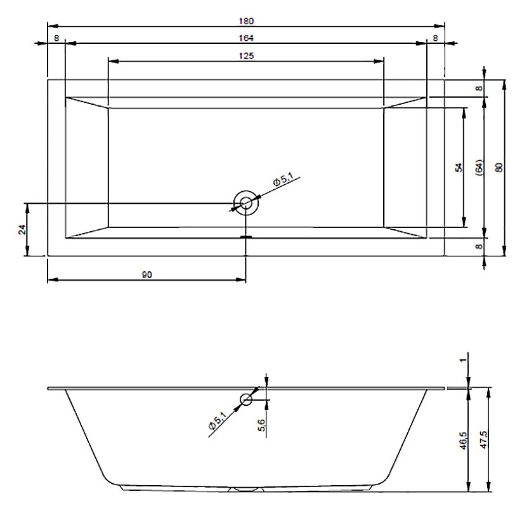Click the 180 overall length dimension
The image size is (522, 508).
click(x=246, y=21)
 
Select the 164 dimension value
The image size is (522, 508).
click(x=246, y=38)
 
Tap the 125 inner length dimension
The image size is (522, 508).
click(x=246, y=56)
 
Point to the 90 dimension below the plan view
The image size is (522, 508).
click(x=147, y=275)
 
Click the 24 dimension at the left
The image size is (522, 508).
click(x=22, y=229)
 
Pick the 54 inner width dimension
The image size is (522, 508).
click(x=459, y=168)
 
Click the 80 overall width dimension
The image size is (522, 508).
click(x=499, y=168)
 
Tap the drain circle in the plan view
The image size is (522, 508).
click(x=246, y=203)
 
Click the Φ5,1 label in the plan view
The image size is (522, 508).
click(x=283, y=179)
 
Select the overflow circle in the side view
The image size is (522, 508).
click(x=246, y=399)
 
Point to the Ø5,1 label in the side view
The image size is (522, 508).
click(x=217, y=420)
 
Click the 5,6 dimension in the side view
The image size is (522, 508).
click(x=262, y=425)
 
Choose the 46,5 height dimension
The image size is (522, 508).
click(x=464, y=441)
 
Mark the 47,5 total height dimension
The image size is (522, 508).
click(x=484, y=440)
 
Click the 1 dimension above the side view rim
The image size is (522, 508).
click(x=463, y=360)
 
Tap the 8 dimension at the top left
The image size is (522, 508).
click(x=56, y=38)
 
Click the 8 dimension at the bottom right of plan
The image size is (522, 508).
click(x=479, y=246)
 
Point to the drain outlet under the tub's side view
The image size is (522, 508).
click(x=246, y=490)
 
